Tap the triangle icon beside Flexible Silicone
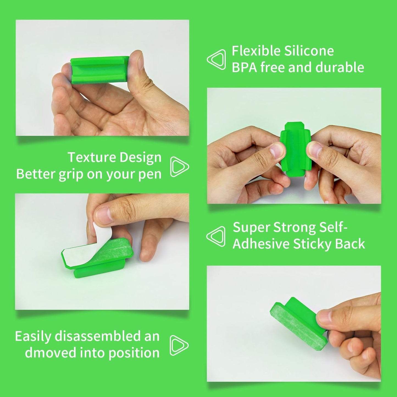(216, 59)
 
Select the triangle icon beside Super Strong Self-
(216, 236)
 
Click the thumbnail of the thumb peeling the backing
(104, 214)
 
